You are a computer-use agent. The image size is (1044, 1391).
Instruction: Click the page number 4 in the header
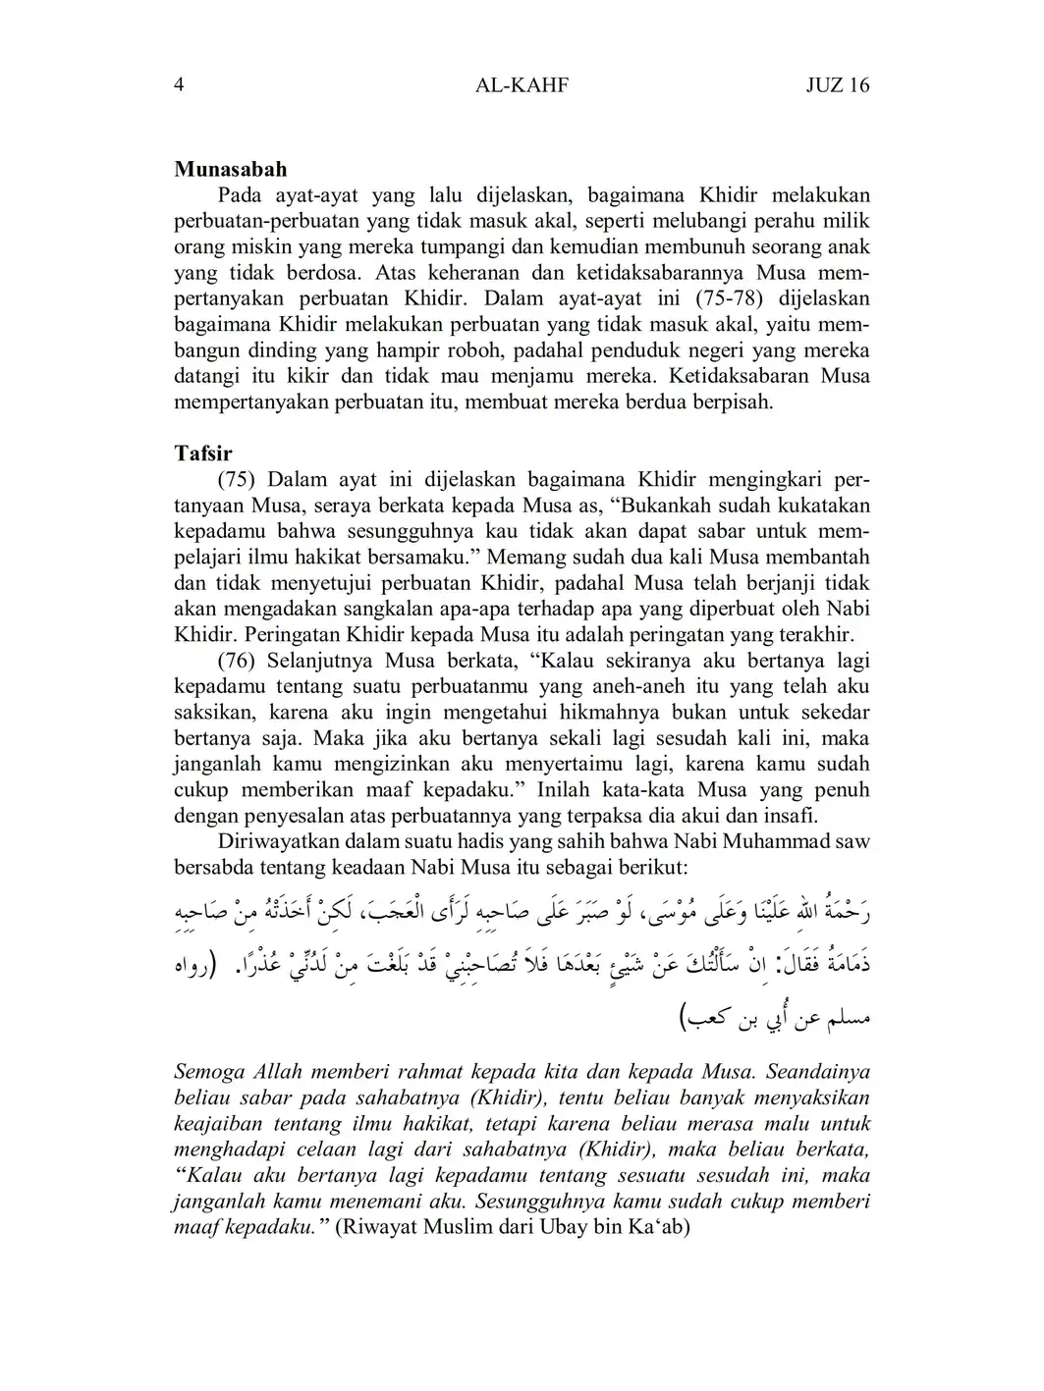pyautogui.click(x=179, y=85)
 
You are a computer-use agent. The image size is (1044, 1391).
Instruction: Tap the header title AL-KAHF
pyautogui.click(x=522, y=85)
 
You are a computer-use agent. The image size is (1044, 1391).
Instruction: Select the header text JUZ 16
pyautogui.click(x=837, y=85)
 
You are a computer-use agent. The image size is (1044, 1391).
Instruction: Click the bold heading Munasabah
pyautogui.click(x=231, y=170)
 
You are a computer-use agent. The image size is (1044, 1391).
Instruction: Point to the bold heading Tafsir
pyautogui.click(x=203, y=454)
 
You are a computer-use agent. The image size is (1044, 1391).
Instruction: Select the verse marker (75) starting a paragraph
pyautogui.click(x=237, y=480)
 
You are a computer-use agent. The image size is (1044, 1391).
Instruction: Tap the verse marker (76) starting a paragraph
pyautogui.click(x=237, y=661)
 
